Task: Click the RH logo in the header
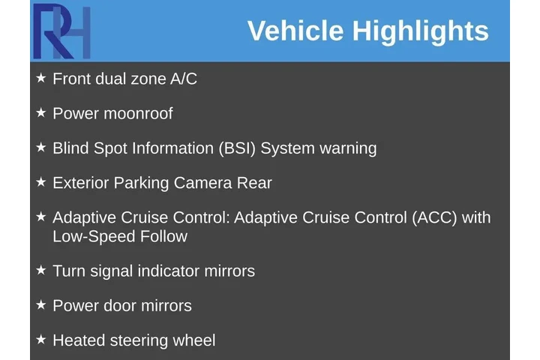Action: (61, 31)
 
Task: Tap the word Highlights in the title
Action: (420, 31)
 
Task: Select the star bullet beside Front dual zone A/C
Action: (41, 77)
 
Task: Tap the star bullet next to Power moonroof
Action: (41, 112)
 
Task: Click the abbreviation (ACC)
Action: (435, 218)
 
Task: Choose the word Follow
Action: (163, 236)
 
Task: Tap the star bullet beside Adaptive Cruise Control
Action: (41, 216)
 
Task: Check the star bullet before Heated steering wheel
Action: (41, 339)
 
